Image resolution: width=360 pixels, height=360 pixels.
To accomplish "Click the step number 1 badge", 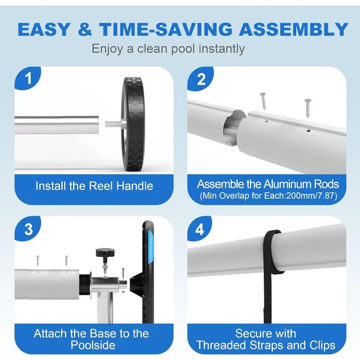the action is click(x=27, y=78).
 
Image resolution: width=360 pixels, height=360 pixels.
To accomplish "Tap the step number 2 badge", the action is click(x=200, y=79).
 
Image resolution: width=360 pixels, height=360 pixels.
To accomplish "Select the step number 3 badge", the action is click(x=27, y=229).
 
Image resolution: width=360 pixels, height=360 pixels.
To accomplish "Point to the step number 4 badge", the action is click(x=199, y=229).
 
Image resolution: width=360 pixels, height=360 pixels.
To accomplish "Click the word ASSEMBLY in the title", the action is click(x=294, y=30).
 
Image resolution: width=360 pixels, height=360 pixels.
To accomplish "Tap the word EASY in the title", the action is click(x=44, y=30).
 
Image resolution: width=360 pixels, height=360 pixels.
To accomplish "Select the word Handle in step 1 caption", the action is click(x=135, y=186).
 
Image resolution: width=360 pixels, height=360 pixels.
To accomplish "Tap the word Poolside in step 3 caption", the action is click(x=93, y=345).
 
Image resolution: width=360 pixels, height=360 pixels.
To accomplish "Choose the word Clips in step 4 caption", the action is click(x=322, y=346).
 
